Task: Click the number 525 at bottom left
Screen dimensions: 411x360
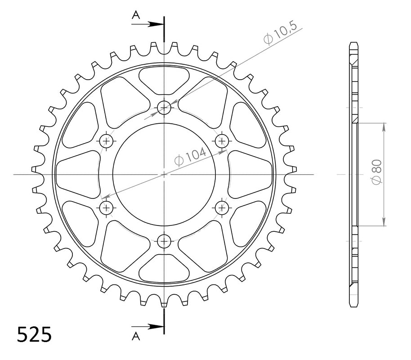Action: point(34,334)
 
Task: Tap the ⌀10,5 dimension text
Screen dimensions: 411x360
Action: point(280,33)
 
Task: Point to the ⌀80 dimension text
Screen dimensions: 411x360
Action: point(377,172)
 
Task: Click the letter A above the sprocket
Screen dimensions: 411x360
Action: point(136,15)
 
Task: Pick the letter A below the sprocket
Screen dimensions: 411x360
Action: point(136,336)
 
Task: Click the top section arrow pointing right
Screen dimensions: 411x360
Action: point(148,24)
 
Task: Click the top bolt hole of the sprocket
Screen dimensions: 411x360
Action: point(164,107)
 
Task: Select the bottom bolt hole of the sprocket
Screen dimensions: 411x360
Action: point(164,241)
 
